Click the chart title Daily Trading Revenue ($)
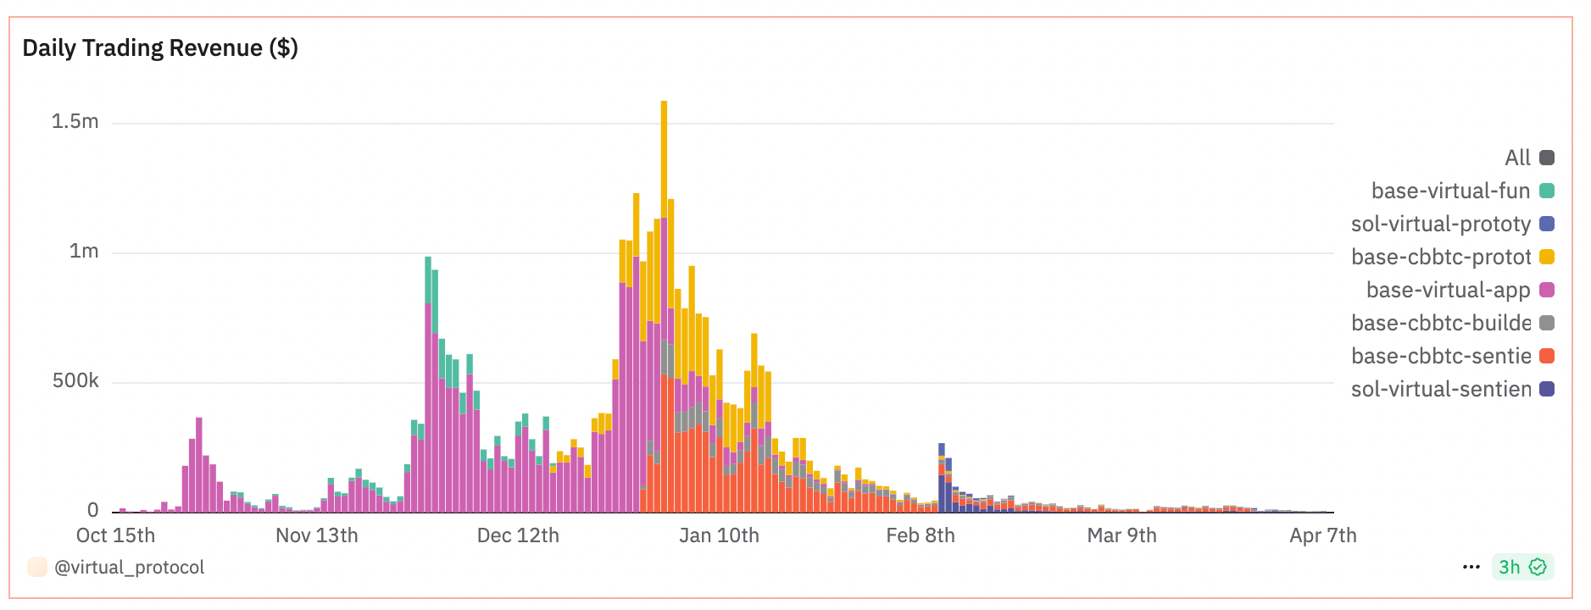160,48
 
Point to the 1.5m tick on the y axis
75,121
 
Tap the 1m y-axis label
84,251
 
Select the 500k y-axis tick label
75,380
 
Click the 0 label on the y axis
92,510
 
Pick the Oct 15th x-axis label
115,535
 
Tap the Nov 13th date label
317,535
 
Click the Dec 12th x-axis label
518,535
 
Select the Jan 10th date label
719,535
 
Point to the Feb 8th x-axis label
921,535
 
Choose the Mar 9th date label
1121,535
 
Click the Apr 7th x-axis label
1322,535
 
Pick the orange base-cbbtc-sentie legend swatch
1547,356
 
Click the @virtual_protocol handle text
129,567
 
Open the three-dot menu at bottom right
1471,567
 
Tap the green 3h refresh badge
1522,567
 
